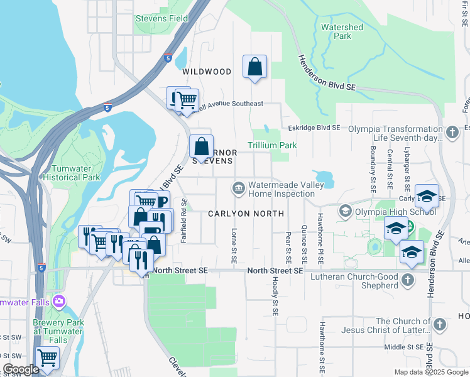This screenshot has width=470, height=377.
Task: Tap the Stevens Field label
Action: pyautogui.click(x=161, y=18)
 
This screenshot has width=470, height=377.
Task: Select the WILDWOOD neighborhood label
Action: pyautogui.click(x=207, y=72)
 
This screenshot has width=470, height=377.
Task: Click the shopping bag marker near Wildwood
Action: pyautogui.click(x=254, y=66)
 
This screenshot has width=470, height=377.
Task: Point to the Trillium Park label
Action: pyautogui.click(x=272, y=145)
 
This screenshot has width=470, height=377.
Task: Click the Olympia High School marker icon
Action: pyautogui.click(x=345, y=210)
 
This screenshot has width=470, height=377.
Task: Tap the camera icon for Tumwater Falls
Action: pyautogui.click(x=60, y=301)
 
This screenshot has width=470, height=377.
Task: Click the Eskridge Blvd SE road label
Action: pyautogui.click(x=314, y=128)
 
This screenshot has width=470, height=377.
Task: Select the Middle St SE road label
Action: pyautogui.click(x=405, y=347)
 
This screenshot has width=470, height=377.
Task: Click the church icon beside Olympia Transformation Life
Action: pyautogui.click(x=453, y=133)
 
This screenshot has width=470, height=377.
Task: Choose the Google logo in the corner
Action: pyautogui.click(x=21, y=370)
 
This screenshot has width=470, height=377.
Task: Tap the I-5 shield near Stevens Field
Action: pyautogui.click(x=167, y=58)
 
